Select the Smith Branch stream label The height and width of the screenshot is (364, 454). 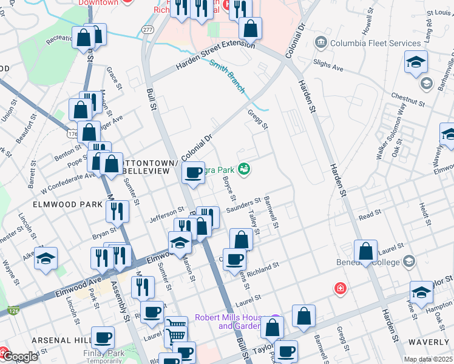(228, 75)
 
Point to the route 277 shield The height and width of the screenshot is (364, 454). (148, 29)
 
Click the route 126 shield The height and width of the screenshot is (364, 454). (13, 311)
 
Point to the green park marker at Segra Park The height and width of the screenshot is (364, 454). (245, 169)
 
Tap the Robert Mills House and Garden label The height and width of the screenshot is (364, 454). (231, 322)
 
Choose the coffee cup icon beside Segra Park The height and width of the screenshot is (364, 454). (194, 174)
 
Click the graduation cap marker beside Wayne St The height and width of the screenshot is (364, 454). (46, 258)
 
